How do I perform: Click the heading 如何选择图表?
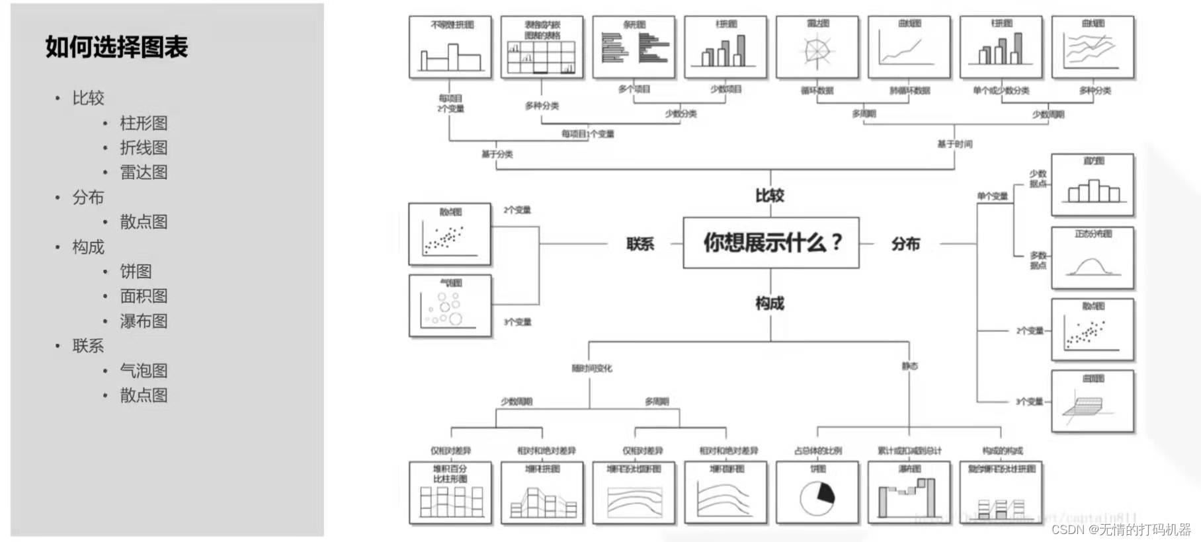click(116, 47)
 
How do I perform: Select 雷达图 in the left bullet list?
click(144, 173)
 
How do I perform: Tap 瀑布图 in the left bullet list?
click(144, 321)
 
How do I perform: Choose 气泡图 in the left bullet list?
click(144, 371)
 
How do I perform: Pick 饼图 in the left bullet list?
click(136, 272)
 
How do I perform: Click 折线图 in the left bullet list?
click(144, 148)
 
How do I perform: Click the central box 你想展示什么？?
click(771, 243)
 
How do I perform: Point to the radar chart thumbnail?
click(817, 48)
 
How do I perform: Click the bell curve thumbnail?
click(1093, 259)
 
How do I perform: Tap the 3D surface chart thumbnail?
click(1093, 403)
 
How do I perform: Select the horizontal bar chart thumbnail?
click(634, 48)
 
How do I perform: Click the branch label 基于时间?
click(954, 144)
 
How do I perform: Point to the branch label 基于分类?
click(497, 154)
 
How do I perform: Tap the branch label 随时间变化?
click(592, 368)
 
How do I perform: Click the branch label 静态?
click(909, 366)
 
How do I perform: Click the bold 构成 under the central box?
click(770, 303)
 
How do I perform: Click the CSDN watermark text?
click(1120, 529)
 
